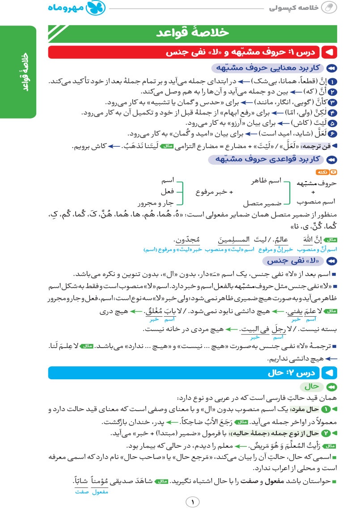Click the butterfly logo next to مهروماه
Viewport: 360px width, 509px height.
point(97,8)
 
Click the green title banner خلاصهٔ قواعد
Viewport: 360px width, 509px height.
point(193,33)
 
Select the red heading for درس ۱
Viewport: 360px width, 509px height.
point(193,52)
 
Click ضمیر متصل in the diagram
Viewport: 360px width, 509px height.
point(266,203)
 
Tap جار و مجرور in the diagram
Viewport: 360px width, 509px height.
point(159,203)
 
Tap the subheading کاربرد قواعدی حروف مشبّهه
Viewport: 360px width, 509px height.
point(268,159)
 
